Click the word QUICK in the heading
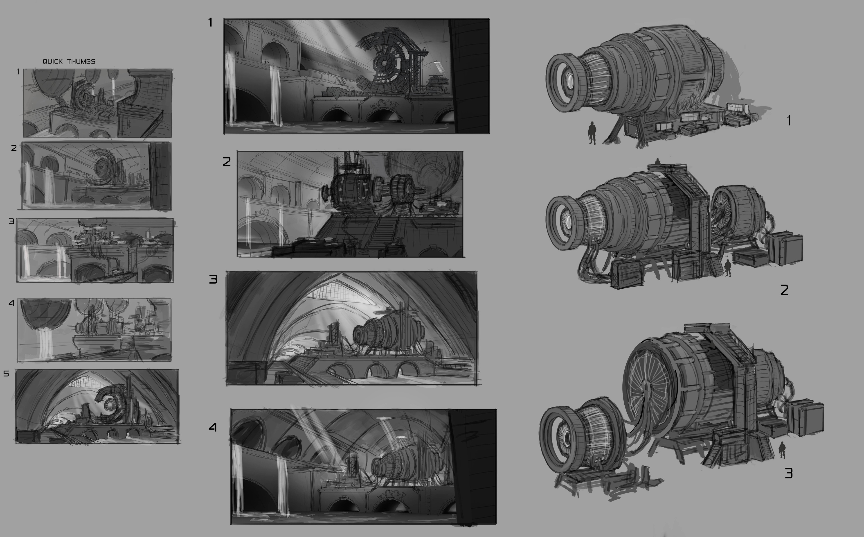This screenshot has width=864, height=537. [52, 61]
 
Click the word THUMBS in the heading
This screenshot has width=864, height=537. [82, 61]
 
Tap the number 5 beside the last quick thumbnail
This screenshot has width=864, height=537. [6, 374]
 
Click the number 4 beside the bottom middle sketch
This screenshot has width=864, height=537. [213, 427]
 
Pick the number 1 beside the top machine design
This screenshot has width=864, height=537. [789, 121]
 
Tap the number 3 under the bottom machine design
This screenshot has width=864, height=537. [788, 473]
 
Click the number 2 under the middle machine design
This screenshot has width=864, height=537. [784, 290]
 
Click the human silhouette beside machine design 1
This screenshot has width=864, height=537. [592, 133]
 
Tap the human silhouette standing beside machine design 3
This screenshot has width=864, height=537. [782, 450]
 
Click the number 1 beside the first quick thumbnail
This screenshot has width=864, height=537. [18, 72]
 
